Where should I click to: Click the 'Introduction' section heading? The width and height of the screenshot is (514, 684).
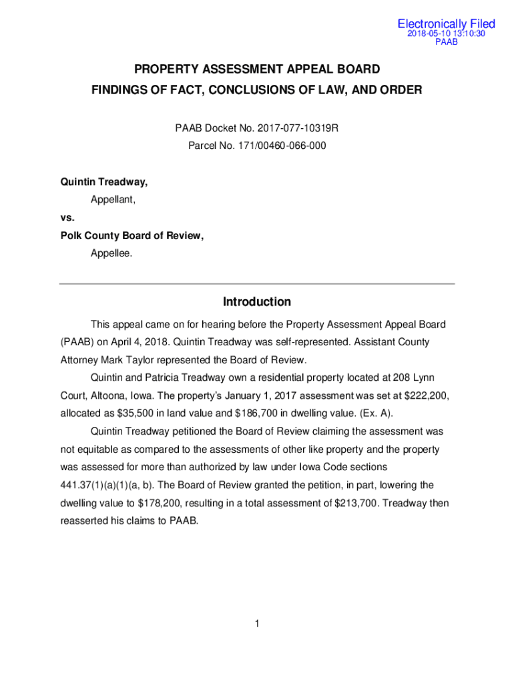pos(257,302)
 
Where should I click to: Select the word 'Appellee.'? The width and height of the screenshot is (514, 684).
pos(111,253)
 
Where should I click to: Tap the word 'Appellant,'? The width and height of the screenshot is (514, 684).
pos(113,200)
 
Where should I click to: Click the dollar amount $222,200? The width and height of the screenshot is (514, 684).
pos(425,395)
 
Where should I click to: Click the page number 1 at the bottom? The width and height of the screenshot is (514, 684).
pos(256,624)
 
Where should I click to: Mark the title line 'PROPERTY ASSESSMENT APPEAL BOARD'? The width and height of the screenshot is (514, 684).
pos(257,69)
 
